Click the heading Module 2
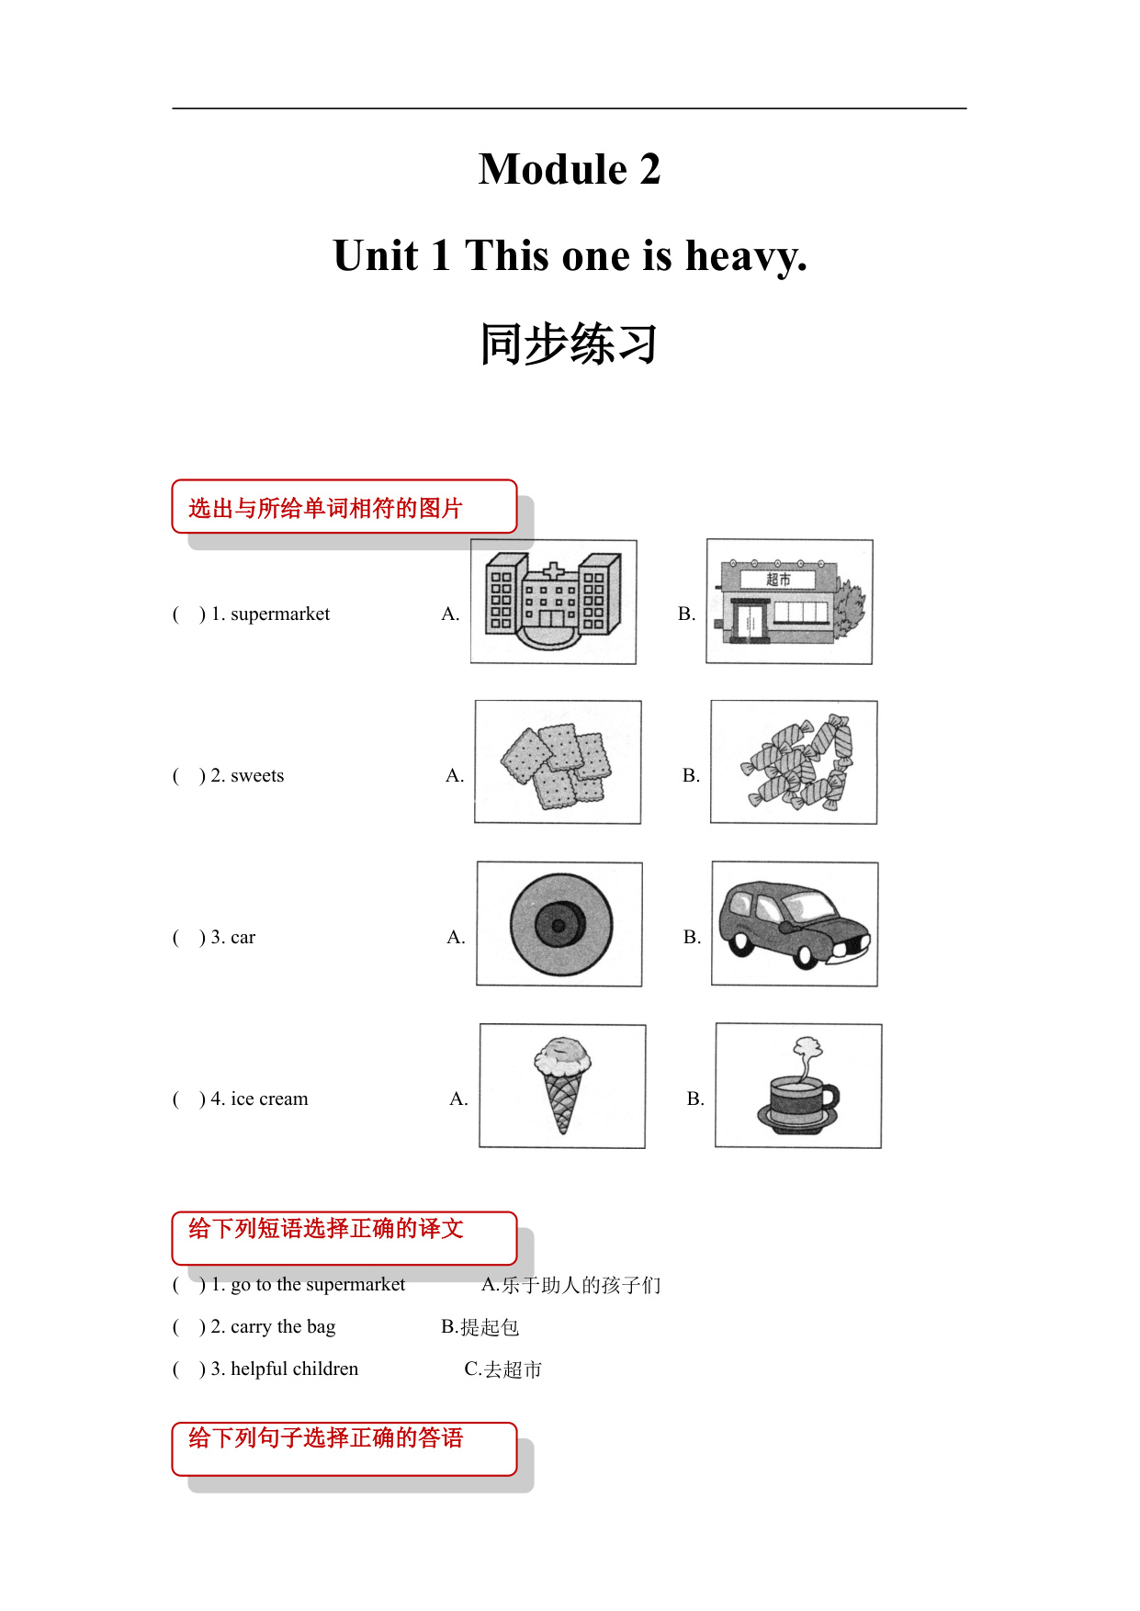(570, 170)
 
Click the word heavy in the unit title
(745, 256)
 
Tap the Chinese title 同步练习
(570, 344)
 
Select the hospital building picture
(553, 602)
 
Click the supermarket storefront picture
(789, 602)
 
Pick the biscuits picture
(558, 762)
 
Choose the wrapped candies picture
(794, 762)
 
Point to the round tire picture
(559, 924)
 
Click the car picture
(795, 924)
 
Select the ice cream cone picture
(562, 1086)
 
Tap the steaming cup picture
(798, 1086)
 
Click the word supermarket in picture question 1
(280, 614)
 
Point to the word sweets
(257, 776)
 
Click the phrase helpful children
(294, 1369)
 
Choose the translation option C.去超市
(503, 1369)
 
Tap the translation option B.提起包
(480, 1327)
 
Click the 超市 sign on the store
(779, 580)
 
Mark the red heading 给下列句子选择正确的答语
(326, 1438)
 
